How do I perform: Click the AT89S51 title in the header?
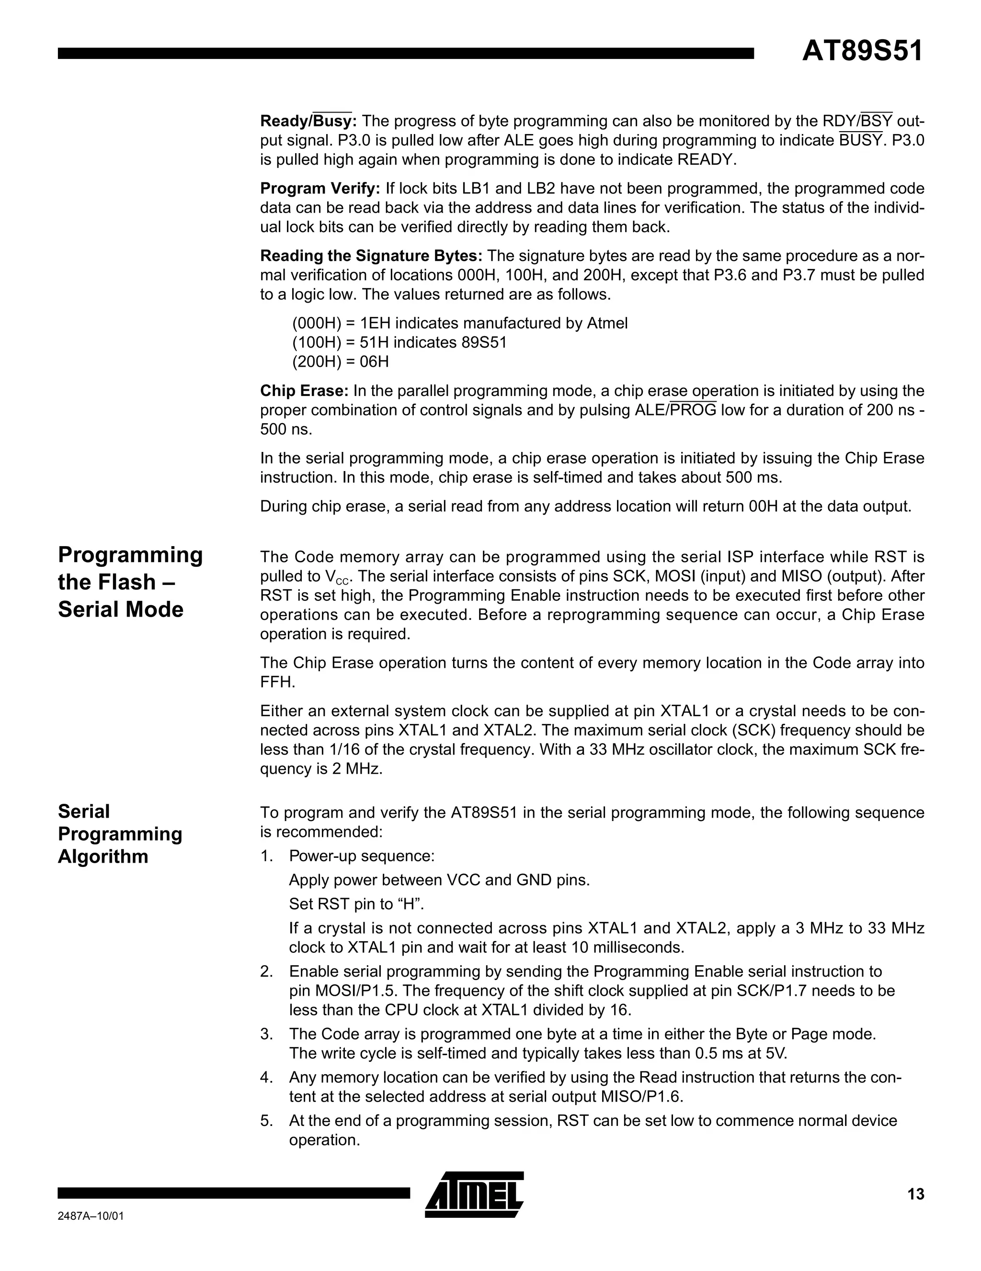click(862, 51)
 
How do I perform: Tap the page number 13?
click(915, 1194)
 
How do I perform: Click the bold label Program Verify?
click(319, 189)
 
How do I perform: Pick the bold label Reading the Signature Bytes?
click(371, 256)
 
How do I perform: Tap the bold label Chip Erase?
click(304, 391)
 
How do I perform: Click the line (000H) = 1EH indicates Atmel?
click(459, 323)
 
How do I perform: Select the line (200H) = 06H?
click(340, 361)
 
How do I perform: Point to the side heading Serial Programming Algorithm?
click(119, 833)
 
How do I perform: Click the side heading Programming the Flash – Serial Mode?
click(130, 582)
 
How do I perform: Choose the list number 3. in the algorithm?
click(267, 1034)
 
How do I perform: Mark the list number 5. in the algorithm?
click(267, 1121)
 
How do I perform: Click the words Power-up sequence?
click(362, 856)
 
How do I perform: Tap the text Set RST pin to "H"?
click(356, 904)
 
